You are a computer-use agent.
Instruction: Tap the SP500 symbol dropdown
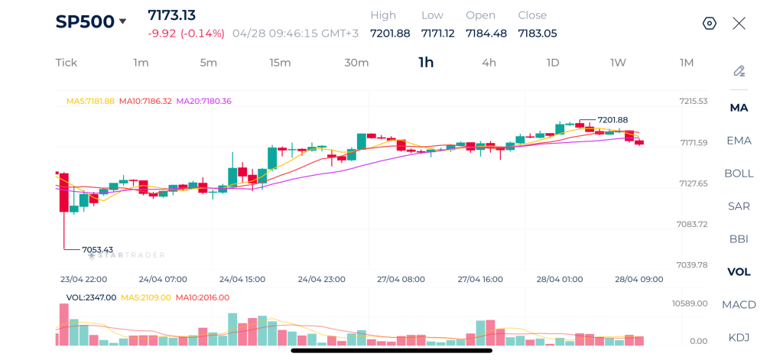[90, 21]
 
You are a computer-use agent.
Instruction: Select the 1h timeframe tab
[426, 63]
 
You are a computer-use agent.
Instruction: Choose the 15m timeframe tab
[280, 63]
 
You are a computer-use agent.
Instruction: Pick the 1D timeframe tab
[553, 63]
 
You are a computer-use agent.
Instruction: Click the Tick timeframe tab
[67, 63]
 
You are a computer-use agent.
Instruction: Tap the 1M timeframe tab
[687, 63]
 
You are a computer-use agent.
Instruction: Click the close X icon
[739, 23]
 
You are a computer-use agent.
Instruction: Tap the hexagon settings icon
[710, 23]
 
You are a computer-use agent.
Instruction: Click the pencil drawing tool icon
[739, 71]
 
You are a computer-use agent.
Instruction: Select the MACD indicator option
[739, 304]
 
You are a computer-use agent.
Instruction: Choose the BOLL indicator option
[739, 173]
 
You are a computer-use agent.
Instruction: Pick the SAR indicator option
[739, 206]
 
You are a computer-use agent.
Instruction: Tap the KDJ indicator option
[739, 337]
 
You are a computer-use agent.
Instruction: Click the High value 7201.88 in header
[390, 33]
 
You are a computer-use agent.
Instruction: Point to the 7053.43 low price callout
[97, 249]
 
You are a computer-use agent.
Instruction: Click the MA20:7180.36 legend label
[203, 101]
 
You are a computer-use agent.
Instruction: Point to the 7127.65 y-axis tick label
[692, 183]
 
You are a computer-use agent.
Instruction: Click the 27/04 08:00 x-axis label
[401, 279]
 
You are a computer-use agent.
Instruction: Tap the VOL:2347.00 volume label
[91, 297]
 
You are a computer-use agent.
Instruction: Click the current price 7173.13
[172, 15]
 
